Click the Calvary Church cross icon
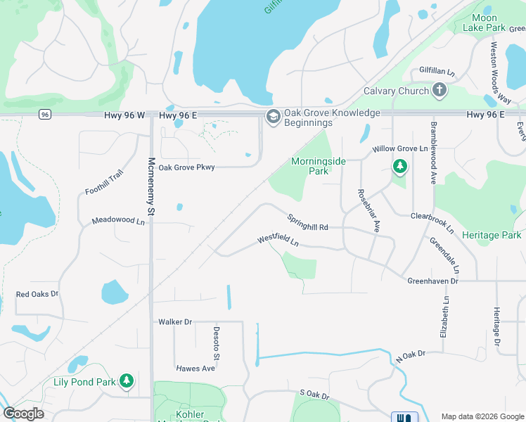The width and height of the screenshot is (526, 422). (x=440, y=89)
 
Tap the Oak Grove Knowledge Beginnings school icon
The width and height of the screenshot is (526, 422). (x=272, y=117)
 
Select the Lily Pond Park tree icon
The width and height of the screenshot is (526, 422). (x=127, y=381)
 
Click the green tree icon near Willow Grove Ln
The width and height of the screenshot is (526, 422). (x=399, y=167)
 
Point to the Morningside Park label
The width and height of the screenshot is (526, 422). (x=319, y=166)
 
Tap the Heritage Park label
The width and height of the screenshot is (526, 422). (x=496, y=235)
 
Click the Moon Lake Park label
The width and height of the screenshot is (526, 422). (x=485, y=23)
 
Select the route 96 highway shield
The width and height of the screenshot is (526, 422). (x=45, y=114)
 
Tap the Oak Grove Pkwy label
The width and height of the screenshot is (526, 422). (x=186, y=167)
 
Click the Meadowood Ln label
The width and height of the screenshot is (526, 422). (x=118, y=221)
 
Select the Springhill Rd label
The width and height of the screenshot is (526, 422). (x=307, y=222)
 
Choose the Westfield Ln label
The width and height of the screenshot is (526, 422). (x=278, y=241)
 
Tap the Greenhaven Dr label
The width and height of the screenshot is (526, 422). (x=432, y=281)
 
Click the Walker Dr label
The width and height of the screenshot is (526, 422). (x=175, y=321)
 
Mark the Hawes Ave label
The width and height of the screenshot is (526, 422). (x=195, y=368)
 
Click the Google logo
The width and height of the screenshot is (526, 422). (x=23, y=414)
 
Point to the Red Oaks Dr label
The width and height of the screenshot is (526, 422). (x=37, y=294)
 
